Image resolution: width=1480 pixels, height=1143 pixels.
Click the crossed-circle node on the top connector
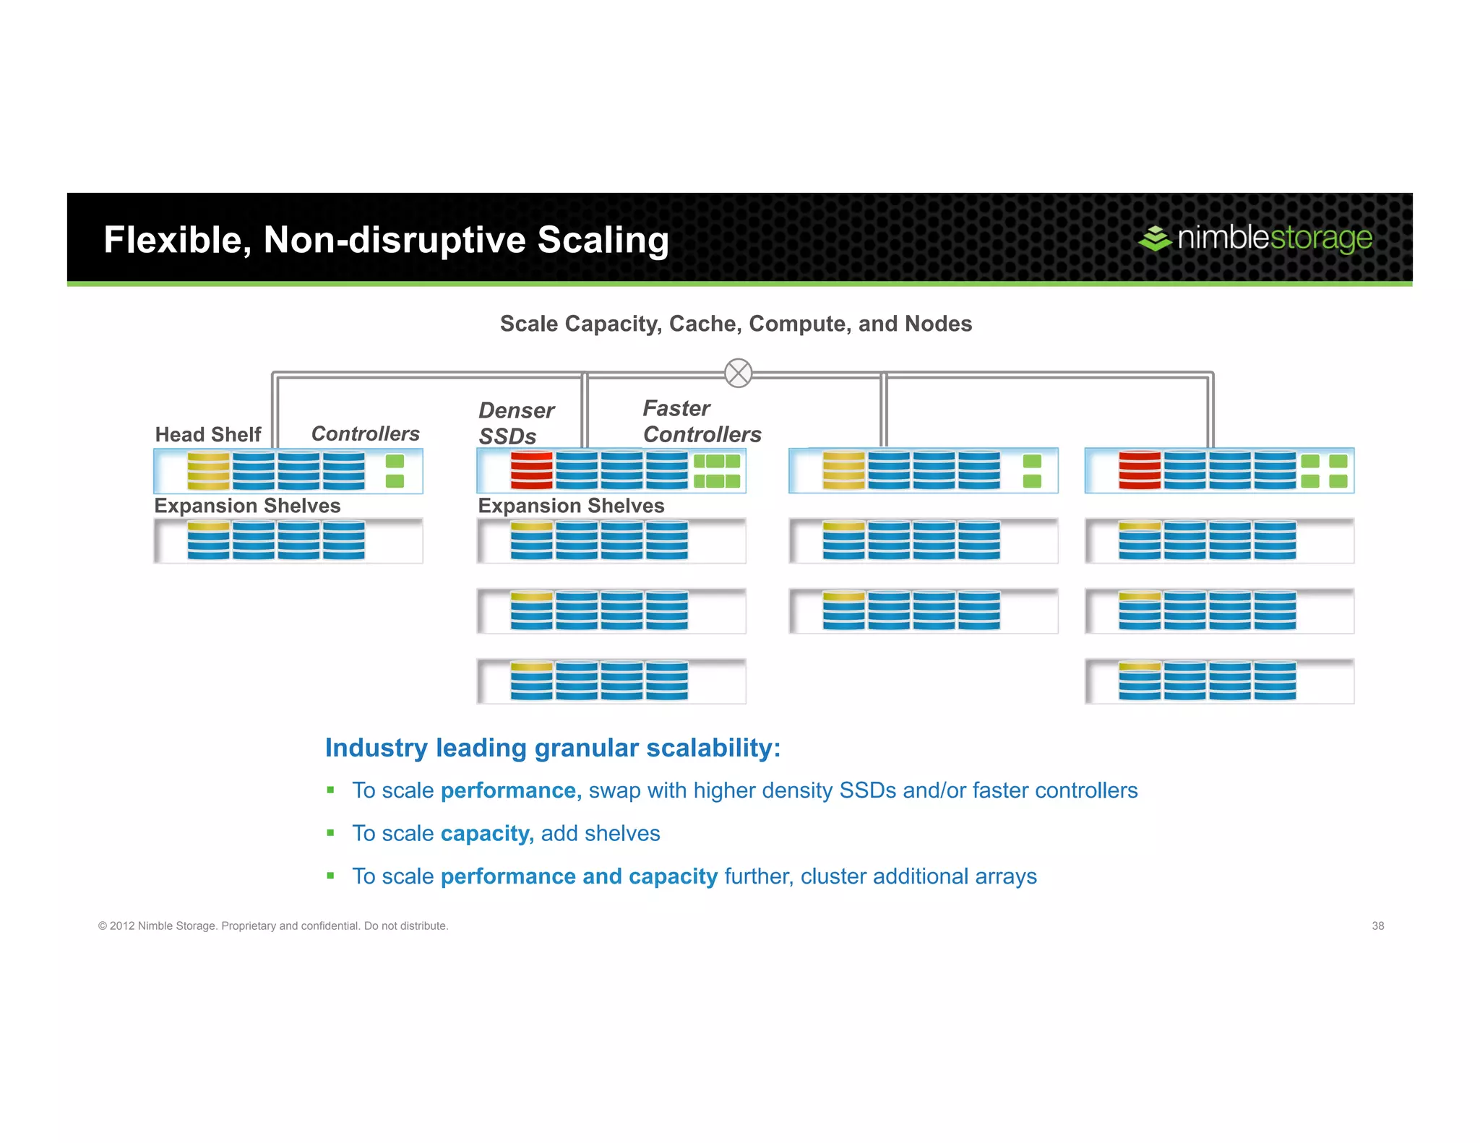(x=738, y=373)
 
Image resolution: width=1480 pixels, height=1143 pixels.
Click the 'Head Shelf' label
(x=208, y=434)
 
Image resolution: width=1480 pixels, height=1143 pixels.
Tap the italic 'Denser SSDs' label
(x=516, y=423)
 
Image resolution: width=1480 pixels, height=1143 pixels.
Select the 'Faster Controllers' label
(x=702, y=421)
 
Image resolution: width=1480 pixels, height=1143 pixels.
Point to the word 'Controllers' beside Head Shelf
(x=365, y=434)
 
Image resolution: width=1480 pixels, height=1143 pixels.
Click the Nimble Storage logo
(x=1255, y=238)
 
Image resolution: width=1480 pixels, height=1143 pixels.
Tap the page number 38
(x=1377, y=926)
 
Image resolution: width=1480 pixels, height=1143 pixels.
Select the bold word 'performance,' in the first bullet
(x=511, y=790)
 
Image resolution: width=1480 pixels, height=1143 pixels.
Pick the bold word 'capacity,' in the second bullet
(x=487, y=833)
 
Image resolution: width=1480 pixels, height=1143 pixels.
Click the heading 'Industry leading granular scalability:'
(x=553, y=748)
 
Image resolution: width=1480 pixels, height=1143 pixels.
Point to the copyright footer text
(x=273, y=926)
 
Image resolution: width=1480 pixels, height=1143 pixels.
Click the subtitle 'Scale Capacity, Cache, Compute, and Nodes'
(x=736, y=324)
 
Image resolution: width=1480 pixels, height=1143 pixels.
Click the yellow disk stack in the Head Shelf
(x=208, y=471)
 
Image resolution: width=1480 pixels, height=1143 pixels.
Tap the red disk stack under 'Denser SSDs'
(x=531, y=471)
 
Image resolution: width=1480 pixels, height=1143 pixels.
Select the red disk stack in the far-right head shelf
(x=1140, y=471)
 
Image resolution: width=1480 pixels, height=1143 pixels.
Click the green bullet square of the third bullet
(x=330, y=876)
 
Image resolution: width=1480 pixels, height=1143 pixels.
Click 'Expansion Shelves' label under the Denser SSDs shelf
(x=571, y=506)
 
